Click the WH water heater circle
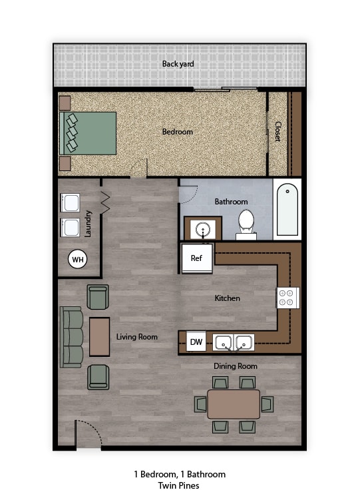pyautogui.click(x=78, y=259)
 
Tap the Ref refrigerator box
pyautogui.click(x=197, y=258)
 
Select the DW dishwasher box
pyautogui.click(x=196, y=342)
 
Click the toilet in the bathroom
pyautogui.click(x=246, y=224)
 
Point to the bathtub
pyautogui.click(x=287, y=209)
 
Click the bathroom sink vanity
pyautogui.click(x=202, y=228)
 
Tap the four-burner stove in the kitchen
pyautogui.click(x=288, y=298)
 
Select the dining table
pyautogui.click(x=234, y=404)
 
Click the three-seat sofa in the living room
pyautogui.click(x=71, y=337)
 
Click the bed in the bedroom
pyautogui.click(x=89, y=132)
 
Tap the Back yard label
pyautogui.click(x=178, y=65)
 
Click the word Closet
pyautogui.click(x=277, y=130)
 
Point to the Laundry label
pyautogui.click(x=88, y=224)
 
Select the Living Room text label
pyautogui.click(x=137, y=337)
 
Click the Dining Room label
pyautogui.click(x=236, y=366)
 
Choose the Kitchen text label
pyautogui.click(x=227, y=298)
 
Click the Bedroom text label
pyautogui.click(x=178, y=132)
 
